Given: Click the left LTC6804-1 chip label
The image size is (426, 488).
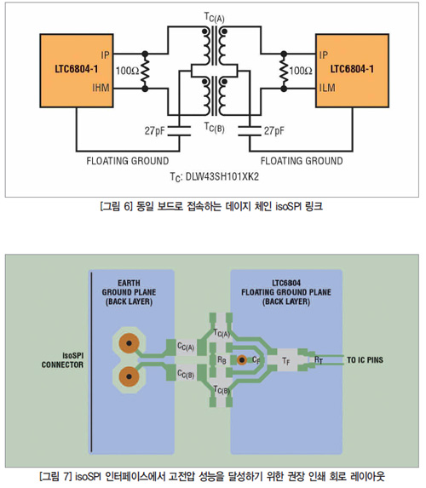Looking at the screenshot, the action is [77, 69].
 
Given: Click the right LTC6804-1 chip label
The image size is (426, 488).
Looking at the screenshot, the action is [352, 69].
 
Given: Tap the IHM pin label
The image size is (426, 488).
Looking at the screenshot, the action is [101, 88].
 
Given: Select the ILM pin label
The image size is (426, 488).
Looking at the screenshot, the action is [327, 88].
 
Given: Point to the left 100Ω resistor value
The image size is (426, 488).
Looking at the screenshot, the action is [127, 71].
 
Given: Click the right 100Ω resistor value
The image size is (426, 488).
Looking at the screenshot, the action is [301, 71].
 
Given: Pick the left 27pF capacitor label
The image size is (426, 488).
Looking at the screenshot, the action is [154, 130].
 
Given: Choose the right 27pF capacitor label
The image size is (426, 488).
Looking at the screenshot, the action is [274, 130].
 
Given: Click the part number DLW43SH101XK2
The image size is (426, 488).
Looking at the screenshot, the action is [222, 177].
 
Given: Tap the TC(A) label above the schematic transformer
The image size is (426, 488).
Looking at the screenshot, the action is [214, 17].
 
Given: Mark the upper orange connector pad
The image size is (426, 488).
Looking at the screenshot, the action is [129, 343].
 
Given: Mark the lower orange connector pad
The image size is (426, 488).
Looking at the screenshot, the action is [129, 376].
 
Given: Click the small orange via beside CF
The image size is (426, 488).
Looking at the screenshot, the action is [242, 360].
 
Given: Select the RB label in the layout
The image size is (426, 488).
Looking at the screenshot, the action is [222, 360].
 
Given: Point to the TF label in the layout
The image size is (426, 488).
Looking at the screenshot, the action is [286, 361].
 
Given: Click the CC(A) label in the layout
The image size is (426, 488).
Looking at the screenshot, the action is [186, 346].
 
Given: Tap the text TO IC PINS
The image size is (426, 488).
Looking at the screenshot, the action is [365, 360].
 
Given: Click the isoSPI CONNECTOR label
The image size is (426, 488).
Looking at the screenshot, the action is [62, 360].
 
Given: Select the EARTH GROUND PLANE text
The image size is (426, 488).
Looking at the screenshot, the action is [129, 288].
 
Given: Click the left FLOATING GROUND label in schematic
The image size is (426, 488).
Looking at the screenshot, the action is [128, 161].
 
